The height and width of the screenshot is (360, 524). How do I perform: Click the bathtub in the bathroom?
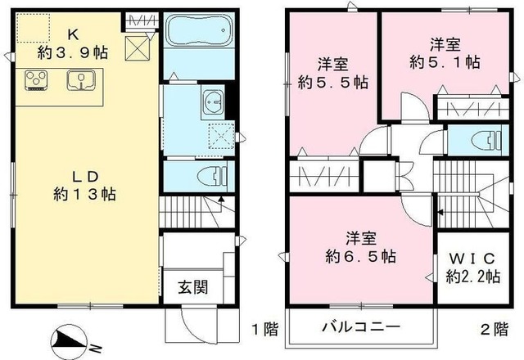click(194, 34)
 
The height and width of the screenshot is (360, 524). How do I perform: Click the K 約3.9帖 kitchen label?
click(69, 43)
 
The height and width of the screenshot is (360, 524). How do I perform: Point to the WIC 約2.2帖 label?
click(472, 268)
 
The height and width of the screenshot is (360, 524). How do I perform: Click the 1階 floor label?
click(264, 329)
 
